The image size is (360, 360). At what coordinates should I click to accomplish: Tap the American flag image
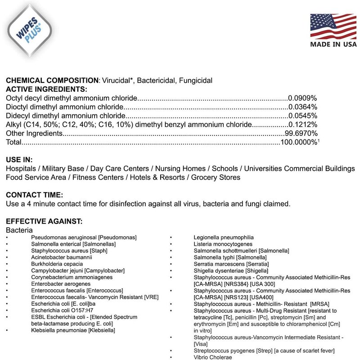[x=333, y=26]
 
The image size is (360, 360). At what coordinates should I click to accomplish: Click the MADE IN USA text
[x=333, y=44]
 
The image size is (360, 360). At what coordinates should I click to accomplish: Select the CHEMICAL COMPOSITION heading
[x=52, y=81]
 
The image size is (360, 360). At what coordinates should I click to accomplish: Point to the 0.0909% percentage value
[x=303, y=98]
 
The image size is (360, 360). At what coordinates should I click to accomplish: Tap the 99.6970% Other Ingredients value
[x=301, y=134]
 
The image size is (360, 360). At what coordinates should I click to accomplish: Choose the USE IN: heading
[x=19, y=160]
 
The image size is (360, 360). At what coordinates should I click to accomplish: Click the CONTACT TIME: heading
[x=35, y=195]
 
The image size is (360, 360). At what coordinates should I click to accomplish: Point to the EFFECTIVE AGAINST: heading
[x=44, y=221]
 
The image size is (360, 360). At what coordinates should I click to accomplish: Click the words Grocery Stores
[x=216, y=177]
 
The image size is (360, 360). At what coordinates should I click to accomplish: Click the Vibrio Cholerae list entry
[x=213, y=357]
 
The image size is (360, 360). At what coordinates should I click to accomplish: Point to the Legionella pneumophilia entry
[x=224, y=237]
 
